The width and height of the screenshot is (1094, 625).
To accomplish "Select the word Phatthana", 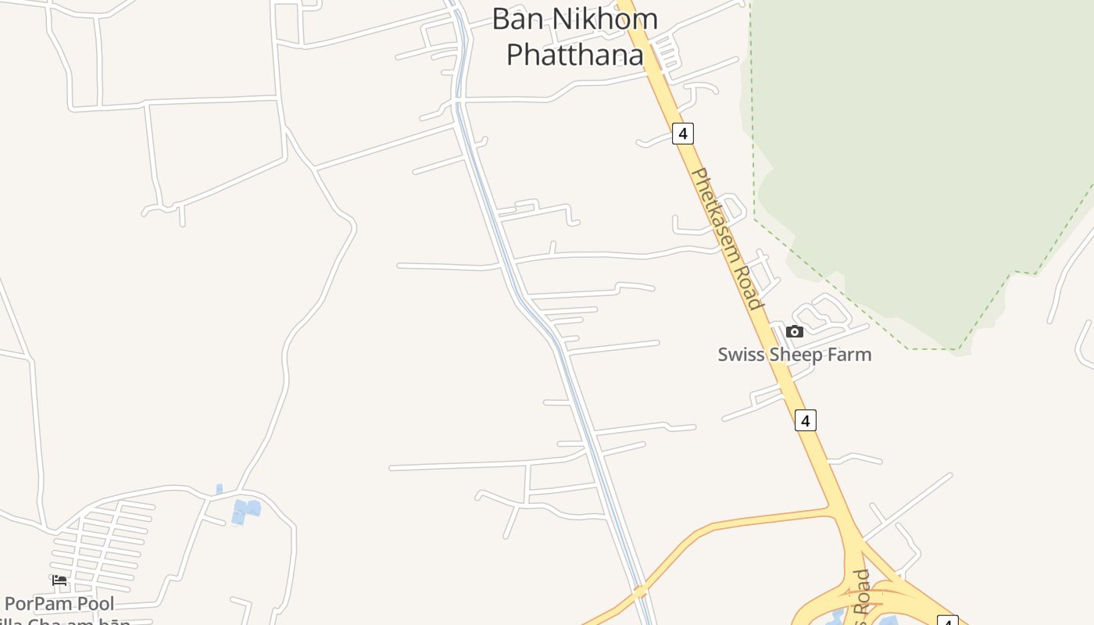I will [x=574, y=55].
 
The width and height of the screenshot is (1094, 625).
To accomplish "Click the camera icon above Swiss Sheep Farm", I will [x=795, y=331].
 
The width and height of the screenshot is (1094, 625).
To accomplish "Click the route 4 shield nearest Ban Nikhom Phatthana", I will [x=682, y=134].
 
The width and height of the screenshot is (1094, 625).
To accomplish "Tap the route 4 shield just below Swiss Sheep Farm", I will [x=805, y=420].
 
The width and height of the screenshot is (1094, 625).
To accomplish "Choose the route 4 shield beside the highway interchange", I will [x=947, y=621].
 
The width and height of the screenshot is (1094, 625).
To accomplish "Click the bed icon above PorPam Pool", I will [x=59, y=580].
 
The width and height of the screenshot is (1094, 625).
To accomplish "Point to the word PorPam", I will [x=38, y=604].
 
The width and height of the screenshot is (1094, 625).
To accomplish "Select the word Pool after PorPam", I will [x=94, y=604].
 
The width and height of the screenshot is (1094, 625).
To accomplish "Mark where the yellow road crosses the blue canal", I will [x=640, y=591].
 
